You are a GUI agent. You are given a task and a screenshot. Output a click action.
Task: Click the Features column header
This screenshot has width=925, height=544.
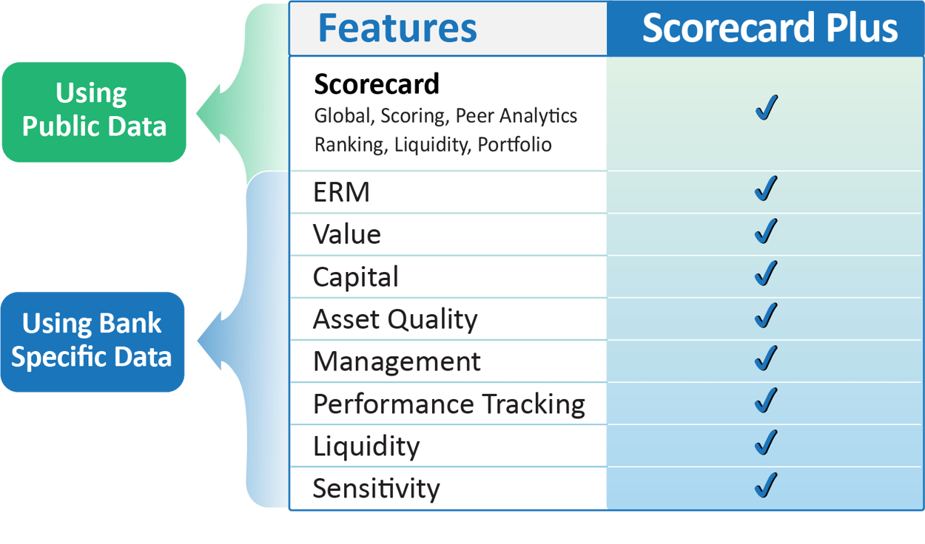397,28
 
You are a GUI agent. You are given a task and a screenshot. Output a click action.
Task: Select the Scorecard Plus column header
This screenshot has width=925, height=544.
770,28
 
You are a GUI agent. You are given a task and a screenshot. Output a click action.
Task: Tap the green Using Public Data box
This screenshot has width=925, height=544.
94,112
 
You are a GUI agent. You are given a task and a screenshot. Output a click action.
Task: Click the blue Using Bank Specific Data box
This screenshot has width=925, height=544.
92,342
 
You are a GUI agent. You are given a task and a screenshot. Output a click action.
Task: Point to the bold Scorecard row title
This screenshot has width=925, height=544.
377,84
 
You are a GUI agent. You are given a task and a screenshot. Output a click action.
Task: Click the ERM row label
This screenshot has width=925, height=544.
341,192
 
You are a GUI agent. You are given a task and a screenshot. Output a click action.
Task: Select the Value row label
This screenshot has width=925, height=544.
347,234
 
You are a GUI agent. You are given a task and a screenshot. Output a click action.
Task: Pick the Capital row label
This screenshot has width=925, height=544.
356,276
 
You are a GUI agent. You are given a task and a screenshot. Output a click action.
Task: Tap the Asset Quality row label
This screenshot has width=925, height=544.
395,319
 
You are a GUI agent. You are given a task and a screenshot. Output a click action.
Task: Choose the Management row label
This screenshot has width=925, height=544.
397,361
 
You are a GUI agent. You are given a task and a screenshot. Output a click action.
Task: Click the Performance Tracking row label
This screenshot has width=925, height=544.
449,404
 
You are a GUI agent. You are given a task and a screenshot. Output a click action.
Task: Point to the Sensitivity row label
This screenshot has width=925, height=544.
376,489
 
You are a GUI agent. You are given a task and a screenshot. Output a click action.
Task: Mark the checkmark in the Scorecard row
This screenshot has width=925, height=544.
767,107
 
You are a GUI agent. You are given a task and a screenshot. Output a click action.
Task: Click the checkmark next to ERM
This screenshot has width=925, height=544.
766,188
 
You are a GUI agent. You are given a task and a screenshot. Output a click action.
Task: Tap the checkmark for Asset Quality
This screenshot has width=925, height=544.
766,316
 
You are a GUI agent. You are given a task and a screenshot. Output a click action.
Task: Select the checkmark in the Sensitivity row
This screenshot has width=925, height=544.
766,485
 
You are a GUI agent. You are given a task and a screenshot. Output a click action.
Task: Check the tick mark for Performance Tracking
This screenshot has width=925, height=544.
766,401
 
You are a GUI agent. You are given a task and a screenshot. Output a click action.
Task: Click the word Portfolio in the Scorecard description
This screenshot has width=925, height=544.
514,145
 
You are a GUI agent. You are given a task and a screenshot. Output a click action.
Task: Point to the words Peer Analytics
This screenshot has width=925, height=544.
517,116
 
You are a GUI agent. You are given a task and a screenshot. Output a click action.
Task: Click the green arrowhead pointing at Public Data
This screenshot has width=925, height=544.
209,114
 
